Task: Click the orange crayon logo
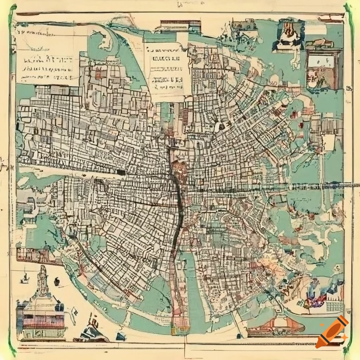pos(332,332)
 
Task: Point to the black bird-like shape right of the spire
pos(56,282)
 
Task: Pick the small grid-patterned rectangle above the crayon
pos(334,306)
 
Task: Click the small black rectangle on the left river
pos(121,172)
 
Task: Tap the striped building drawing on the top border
pos(180,27)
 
